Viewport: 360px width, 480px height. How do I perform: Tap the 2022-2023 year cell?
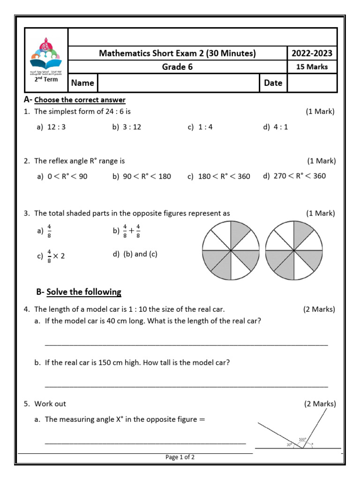point(312,53)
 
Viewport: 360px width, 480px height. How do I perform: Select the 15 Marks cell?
point(312,67)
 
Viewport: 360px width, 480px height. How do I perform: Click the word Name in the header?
point(82,83)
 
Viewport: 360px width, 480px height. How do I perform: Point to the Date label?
point(273,83)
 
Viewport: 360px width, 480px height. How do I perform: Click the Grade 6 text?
point(177,67)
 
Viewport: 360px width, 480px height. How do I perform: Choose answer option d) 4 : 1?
point(276,127)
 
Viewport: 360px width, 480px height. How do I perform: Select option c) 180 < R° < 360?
point(218,176)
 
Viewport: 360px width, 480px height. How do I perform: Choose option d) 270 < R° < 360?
point(294,176)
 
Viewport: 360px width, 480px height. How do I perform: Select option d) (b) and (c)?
point(135,254)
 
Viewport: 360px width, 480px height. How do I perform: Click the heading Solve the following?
point(83,292)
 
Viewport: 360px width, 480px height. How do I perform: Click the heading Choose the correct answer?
point(80,100)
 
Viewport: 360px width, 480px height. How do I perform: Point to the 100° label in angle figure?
point(302,440)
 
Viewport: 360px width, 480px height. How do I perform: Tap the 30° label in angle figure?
point(289,444)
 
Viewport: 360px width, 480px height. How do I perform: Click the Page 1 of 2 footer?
point(180,457)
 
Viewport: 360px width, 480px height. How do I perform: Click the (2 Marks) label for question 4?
point(319,309)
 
